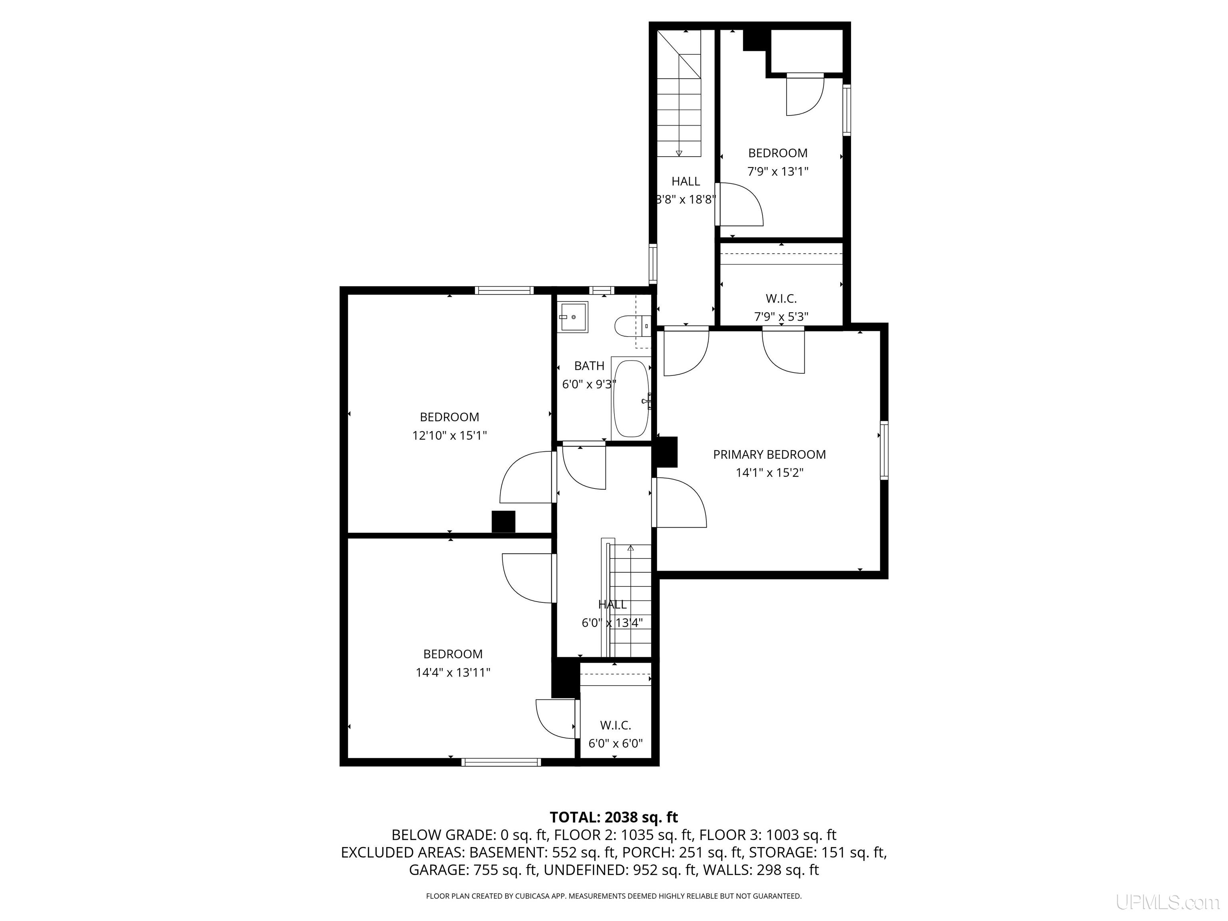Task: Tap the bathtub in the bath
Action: [x=631, y=399]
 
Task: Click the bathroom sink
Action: [x=573, y=317]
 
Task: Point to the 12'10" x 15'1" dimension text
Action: [x=449, y=436]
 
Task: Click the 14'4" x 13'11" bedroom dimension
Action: [x=453, y=673]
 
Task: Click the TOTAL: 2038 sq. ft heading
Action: [x=614, y=817]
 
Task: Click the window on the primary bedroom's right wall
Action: [x=884, y=450]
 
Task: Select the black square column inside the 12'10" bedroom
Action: [x=504, y=522]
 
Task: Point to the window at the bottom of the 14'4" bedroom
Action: [x=501, y=762]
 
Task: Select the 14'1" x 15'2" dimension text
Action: [x=769, y=473]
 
